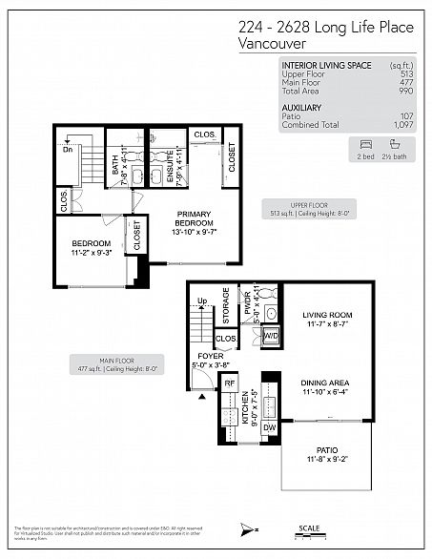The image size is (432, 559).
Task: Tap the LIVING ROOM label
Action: pyautogui.click(x=327, y=315)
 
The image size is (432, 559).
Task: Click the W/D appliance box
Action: pyautogui.click(x=270, y=335)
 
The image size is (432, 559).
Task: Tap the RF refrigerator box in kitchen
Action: pyautogui.click(x=229, y=383)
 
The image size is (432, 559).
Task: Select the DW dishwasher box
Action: pyautogui.click(x=269, y=429)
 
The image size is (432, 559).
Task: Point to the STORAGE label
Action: pyautogui.click(x=226, y=302)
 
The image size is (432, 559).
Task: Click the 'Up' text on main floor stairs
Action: pyautogui.click(x=201, y=301)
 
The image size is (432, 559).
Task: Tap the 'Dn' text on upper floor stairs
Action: pyautogui.click(x=67, y=150)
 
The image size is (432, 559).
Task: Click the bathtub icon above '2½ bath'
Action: pyautogui.click(x=395, y=143)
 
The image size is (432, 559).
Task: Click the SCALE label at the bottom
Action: pyautogui.click(x=308, y=528)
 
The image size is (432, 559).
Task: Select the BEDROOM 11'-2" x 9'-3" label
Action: pyautogui.click(x=92, y=245)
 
